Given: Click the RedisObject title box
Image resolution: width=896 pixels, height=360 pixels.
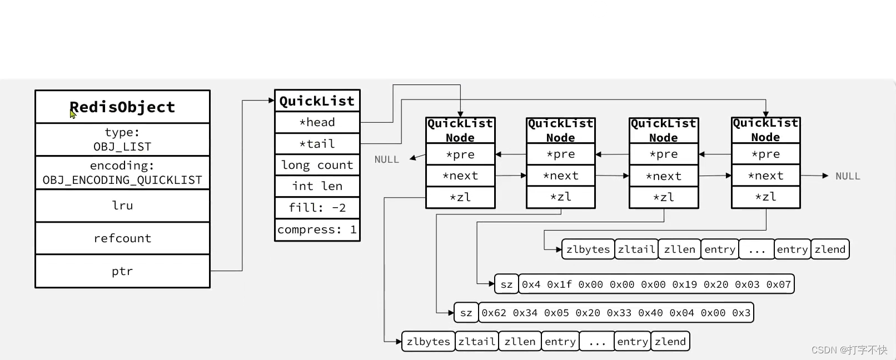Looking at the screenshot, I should point(122,107).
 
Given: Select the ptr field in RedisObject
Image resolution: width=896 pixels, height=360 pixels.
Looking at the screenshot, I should point(122,271).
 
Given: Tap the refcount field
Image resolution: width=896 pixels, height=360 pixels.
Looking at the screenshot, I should point(122,238).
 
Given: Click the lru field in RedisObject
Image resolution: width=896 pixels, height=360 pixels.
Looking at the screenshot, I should point(122,206).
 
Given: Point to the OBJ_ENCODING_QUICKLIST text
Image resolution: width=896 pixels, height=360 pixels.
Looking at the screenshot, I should point(122,180).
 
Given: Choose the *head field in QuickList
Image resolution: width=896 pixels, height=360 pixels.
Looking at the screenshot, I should point(317,122).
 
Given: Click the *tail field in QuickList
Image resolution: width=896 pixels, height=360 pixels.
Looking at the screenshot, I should point(317,144).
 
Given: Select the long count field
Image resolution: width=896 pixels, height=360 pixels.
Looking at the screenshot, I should point(317,165).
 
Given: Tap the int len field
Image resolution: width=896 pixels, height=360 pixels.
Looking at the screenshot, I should point(317,186).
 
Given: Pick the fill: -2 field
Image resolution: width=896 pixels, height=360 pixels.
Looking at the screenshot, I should point(317,208).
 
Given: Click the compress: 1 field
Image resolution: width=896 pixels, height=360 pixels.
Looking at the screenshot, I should point(317,229).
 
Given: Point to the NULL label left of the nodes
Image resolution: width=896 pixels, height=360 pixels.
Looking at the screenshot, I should point(387,159).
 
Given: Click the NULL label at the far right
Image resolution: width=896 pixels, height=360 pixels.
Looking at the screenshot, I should point(848,176).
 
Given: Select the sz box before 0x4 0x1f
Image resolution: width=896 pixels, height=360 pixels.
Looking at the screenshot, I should point(506,284).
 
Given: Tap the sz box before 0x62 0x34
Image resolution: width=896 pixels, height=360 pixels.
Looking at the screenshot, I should point(466,313).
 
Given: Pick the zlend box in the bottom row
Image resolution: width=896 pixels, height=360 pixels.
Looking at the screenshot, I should point(670,342).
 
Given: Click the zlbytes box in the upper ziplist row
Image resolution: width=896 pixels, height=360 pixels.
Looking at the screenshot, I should point(588,249).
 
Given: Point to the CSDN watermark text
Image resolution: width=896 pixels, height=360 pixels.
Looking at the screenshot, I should point(849,349).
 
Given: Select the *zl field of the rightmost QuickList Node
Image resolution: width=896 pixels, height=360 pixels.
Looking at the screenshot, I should point(766,197).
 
